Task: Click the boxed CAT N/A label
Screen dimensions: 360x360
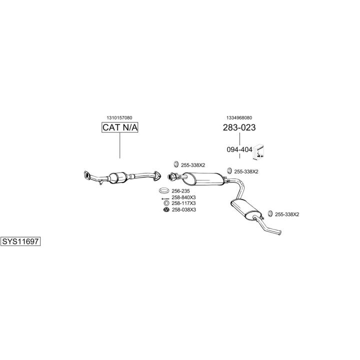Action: click(119, 127)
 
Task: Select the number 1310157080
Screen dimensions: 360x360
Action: click(119, 118)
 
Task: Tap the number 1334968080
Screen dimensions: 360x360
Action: click(239, 118)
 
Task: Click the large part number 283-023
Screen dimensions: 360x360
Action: click(239, 127)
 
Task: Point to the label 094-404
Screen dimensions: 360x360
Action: click(239, 149)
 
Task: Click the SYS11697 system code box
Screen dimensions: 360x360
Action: click(20, 241)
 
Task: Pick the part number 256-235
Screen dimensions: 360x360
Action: click(180, 191)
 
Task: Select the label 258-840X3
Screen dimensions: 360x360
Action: click(183, 197)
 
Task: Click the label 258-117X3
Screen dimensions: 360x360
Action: click(183, 203)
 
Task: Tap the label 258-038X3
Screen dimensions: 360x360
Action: click(184, 210)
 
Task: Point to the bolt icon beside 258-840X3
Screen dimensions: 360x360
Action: click(165, 198)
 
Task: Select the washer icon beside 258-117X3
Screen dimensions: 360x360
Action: click(166, 203)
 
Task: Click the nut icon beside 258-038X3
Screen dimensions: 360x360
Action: click(166, 209)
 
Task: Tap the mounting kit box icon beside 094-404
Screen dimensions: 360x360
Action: click(258, 152)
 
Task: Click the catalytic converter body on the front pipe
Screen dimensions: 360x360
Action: click(118, 177)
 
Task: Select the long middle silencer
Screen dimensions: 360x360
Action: click(203, 179)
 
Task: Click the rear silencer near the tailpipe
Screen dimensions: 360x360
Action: click(245, 209)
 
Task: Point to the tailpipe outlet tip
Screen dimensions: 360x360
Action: click(279, 232)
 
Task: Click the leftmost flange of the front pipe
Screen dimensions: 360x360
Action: click(87, 175)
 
